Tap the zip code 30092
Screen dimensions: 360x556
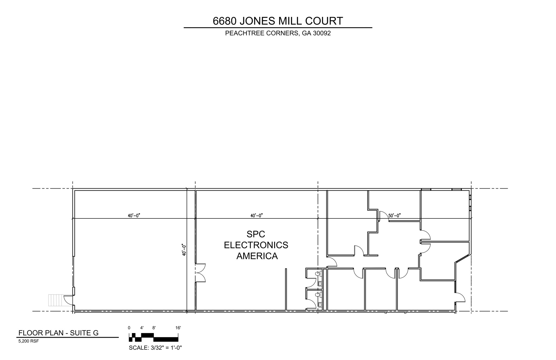(x=322, y=33)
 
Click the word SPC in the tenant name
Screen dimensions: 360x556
(x=255, y=234)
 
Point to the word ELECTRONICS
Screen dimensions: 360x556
(x=256, y=245)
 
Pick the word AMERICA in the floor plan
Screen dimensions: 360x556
(x=257, y=256)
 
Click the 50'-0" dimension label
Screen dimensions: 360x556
(x=394, y=216)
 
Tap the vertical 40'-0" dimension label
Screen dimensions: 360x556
(x=184, y=250)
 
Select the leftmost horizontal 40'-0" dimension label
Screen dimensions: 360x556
(x=134, y=216)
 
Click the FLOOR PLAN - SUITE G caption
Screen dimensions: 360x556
(x=58, y=333)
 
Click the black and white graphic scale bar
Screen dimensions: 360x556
(x=153, y=337)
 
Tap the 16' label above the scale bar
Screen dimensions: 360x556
(x=178, y=328)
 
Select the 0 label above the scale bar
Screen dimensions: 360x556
(x=129, y=328)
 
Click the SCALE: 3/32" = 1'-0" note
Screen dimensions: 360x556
(x=155, y=348)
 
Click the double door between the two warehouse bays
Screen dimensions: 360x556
(x=200, y=273)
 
